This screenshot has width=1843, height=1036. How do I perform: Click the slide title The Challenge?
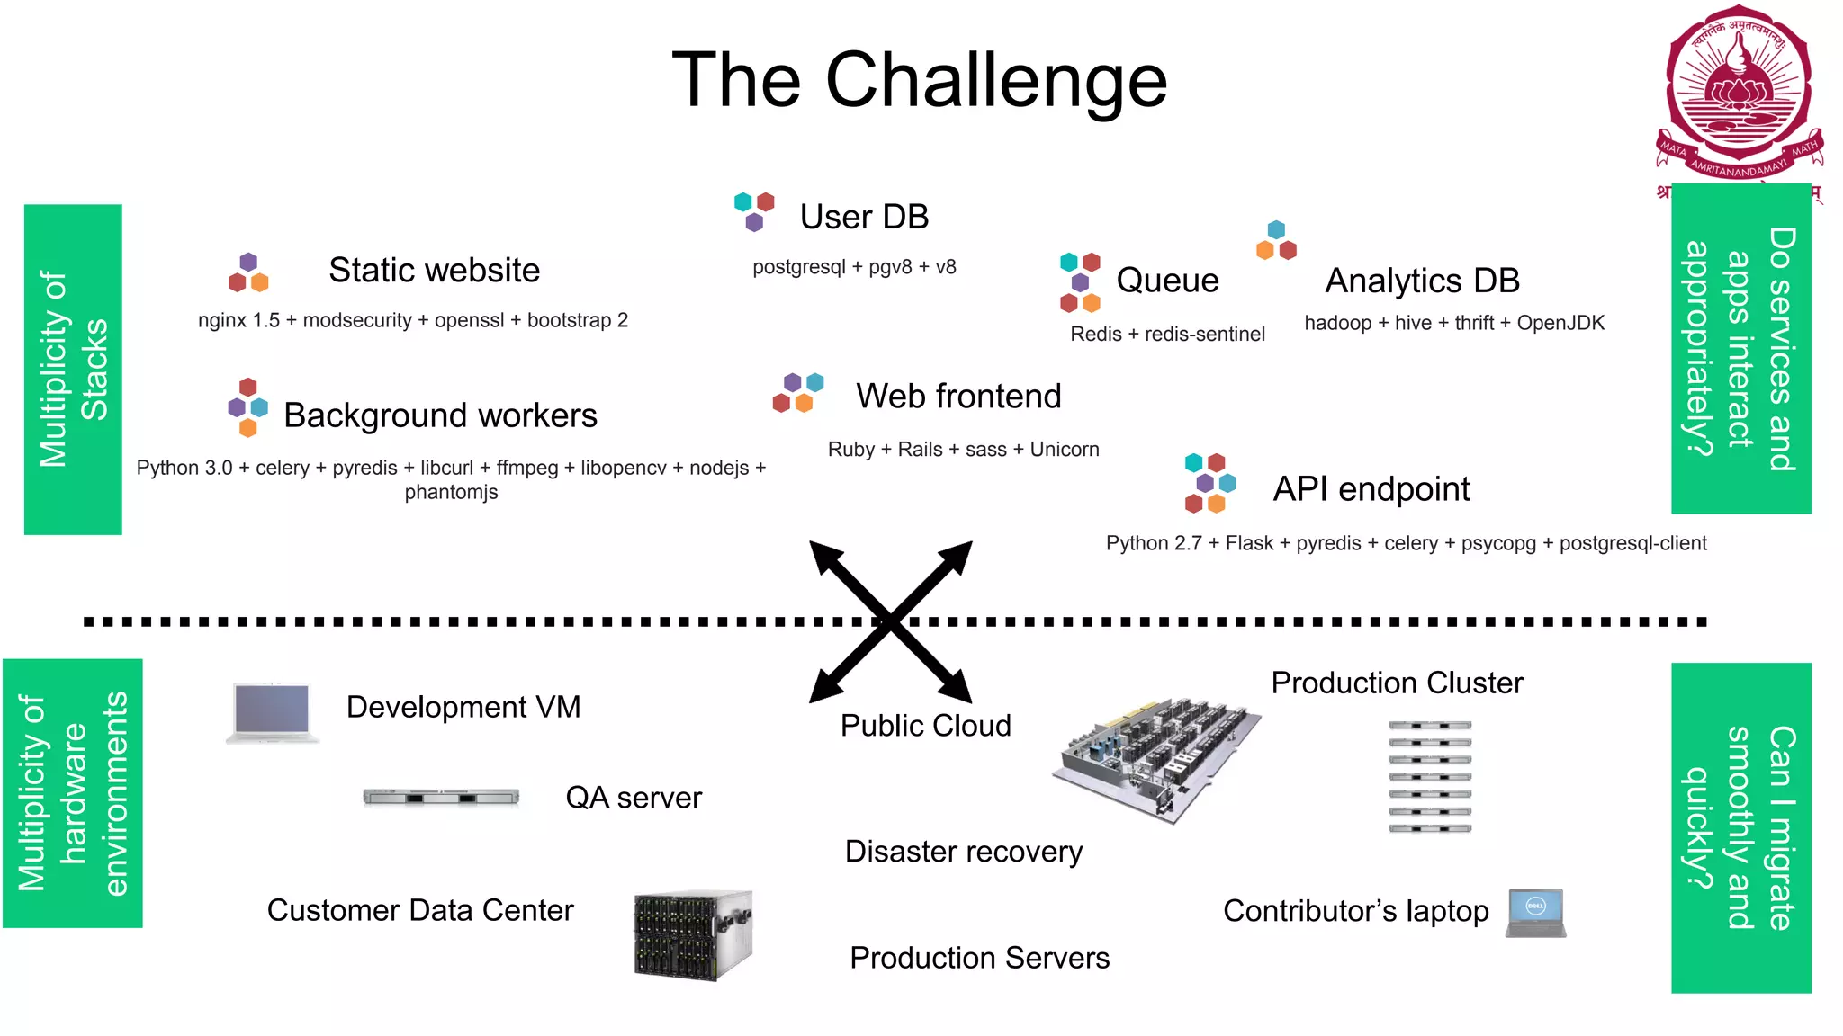(919, 81)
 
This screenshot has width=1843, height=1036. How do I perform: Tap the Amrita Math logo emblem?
(1739, 94)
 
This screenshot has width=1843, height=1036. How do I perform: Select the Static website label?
(434, 270)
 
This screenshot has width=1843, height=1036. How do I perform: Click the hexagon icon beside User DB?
(754, 210)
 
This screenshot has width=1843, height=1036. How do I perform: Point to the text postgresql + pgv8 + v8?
(854, 267)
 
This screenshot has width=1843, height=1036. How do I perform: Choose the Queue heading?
(1167, 281)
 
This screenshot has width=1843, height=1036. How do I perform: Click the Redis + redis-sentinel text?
(1167, 334)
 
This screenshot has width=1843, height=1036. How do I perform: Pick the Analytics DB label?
(1422, 281)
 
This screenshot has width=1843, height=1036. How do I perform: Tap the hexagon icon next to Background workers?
(248, 407)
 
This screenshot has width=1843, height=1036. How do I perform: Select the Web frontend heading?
(958, 396)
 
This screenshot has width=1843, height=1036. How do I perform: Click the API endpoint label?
(1371, 489)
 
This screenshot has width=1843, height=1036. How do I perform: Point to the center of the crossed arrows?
(890, 621)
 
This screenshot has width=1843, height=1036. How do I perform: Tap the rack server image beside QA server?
(441, 797)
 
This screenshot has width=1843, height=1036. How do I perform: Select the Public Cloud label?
(925, 726)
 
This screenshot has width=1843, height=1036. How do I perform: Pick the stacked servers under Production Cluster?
(1429, 776)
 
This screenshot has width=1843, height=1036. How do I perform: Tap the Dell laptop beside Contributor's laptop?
(1536, 913)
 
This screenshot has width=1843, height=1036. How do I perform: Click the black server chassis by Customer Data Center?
(692, 934)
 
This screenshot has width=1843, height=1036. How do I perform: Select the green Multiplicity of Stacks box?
(73, 370)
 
